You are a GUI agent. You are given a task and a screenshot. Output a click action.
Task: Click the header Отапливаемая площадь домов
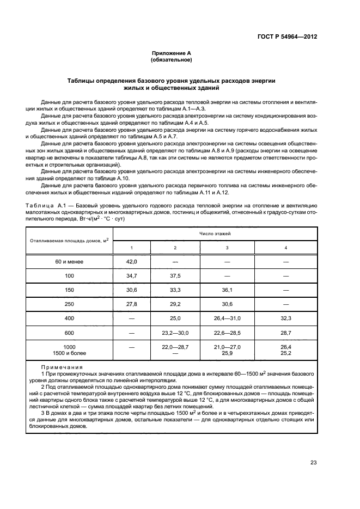(69, 240)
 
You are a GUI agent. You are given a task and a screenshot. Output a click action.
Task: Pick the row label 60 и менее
(69, 261)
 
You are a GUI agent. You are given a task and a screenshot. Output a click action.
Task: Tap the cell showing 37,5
(175, 276)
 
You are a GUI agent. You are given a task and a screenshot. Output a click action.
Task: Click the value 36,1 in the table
(227, 290)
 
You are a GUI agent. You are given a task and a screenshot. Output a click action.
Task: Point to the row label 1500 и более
(69, 353)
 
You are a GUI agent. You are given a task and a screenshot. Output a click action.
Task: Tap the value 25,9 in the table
(227, 353)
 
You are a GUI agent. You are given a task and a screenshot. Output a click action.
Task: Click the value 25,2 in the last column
(285, 353)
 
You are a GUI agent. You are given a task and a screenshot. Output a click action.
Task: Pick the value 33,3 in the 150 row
(175, 290)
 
